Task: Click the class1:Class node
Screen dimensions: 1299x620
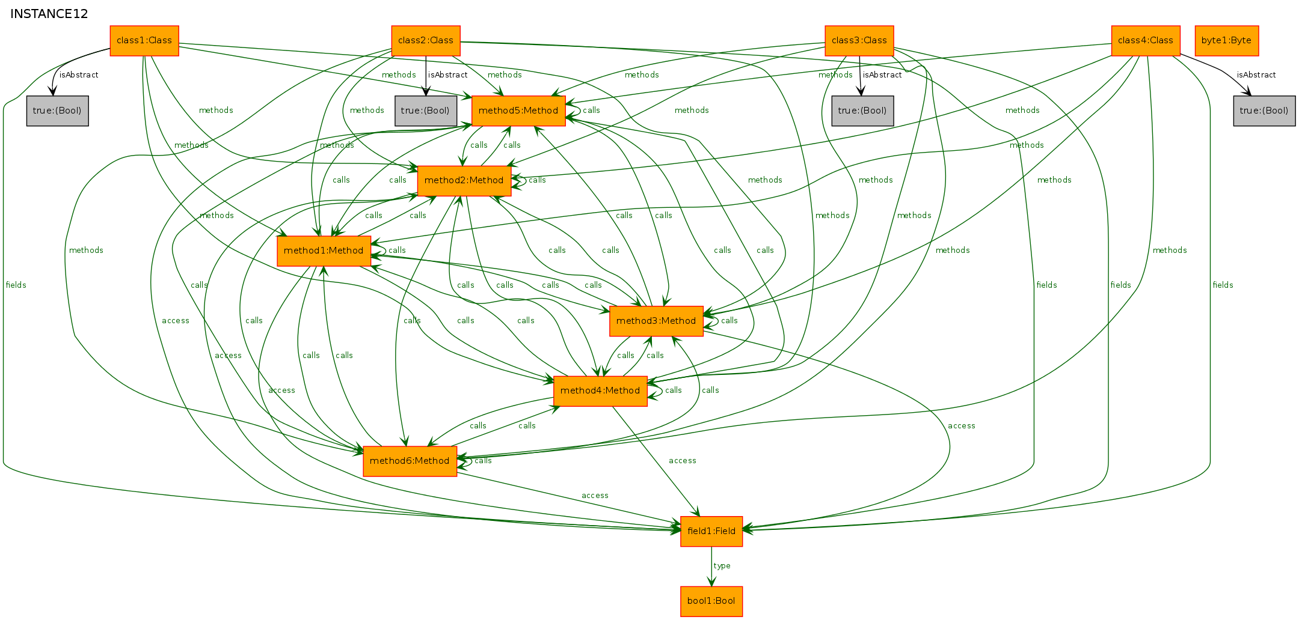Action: click(x=144, y=41)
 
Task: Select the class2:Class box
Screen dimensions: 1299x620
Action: click(x=426, y=41)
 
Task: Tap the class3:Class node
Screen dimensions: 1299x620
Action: click(x=859, y=41)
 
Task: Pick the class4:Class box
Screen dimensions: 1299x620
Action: click(x=1146, y=41)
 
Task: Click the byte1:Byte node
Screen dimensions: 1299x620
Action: click(x=1227, y=41)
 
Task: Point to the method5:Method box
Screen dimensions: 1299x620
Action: click(x=518, y=111)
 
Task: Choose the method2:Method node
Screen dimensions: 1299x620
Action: click(x=464, y=181)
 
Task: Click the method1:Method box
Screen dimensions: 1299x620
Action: click(x=324, y=251)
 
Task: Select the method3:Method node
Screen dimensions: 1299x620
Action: click(x=656, y=321)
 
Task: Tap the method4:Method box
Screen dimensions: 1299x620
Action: click(x=600, y=391)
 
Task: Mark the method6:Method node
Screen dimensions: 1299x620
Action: click(x=410, y=461)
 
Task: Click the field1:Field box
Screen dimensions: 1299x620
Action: click(x=711, y=532)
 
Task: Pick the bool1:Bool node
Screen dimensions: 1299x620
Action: click(x=711, y=601)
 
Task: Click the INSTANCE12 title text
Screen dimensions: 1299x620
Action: click(x=49, y=14)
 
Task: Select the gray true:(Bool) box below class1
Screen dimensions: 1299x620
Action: click(x=58, y=111)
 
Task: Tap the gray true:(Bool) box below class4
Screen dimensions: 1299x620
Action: click(x=1264, y=111)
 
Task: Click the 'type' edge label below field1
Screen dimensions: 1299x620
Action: click(x=722, y=566)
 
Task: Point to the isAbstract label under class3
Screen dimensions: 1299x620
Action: click(x=882, y=75)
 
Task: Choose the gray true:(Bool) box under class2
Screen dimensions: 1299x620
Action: click(x=426, y=111)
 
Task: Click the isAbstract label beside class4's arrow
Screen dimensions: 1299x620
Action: click(x=1256, y=75)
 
